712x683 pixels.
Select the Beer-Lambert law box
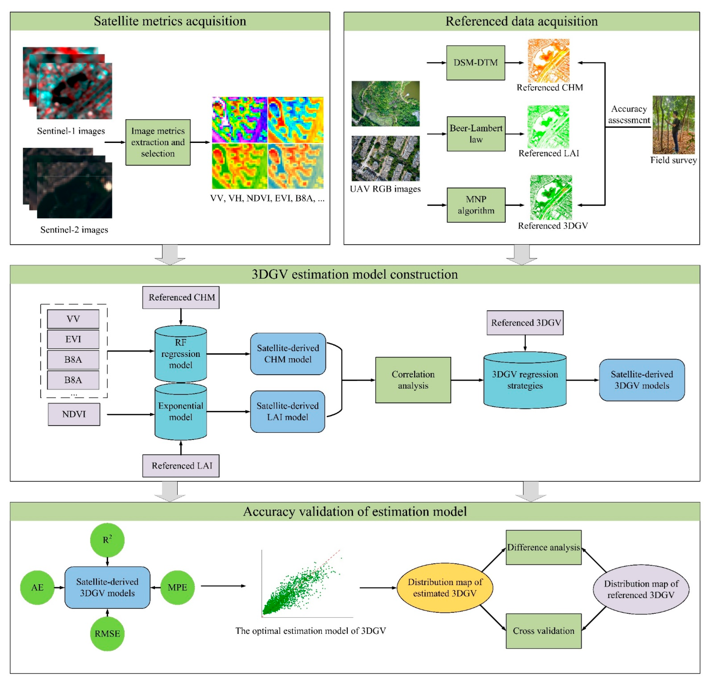pyautogui.click(x=476, y=134)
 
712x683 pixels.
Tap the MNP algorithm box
pyautogui.click(x=476, y=205)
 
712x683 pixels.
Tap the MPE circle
pyautogui.click(x=177, y=588)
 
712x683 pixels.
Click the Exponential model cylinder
pyautogui.click(x=180, y=412)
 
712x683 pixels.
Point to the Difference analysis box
pyautogui.click(x=544, y=547)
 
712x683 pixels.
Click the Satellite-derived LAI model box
pyautogui.click(x=287, y=412)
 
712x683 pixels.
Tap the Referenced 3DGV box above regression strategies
pyautogui.click(x=525, y=323)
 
